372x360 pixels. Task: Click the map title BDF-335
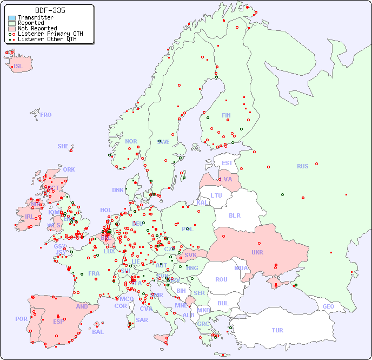pyautogui.click(x=50, y=10)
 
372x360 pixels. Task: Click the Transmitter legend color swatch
pyautogui.click(x=12, y=18)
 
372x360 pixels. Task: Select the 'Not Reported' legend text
pyautogui.click(x=37, y=29)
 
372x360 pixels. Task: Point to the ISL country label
pyautogui.click(x=18, y=67)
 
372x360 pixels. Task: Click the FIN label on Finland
pyautogui.click(x=226, y=115)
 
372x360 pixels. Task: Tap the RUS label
pyautogui.click(x=302, y=166)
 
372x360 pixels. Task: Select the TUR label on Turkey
pyautogui.click(x=277, y=330)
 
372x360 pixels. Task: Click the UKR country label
pyautogui.click(x=257, y=252)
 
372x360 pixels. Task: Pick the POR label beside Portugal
pyautogui.click(x=21, y=319)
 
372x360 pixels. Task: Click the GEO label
pyautogui.click(x=328, y=306)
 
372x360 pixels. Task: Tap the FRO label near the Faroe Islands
pyautogui.click(x=45, y=115)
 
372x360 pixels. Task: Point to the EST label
pyautogui.click(x=227, y=163)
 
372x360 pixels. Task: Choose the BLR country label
pyautogui.click(x=234, y=215)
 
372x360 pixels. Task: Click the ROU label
pyautogui.click(x=221, y=279)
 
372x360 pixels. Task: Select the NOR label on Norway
pyautogui.click(x=131, y=141)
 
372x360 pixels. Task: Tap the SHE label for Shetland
pyautogui.click(x=63, y=146)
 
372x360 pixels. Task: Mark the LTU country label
pyautogui.click(x=216, y=195)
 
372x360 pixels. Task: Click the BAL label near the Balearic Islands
pyautogui.click(x=97, y=332)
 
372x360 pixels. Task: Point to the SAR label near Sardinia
pyautogui.click(x=142, y=320)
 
